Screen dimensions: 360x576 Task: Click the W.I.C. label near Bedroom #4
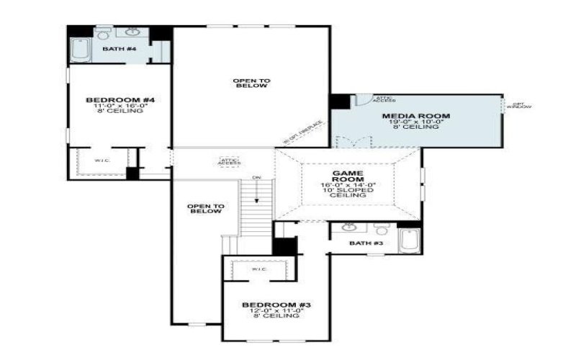pos(102,161)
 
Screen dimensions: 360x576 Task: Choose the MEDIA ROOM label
pos(415,116)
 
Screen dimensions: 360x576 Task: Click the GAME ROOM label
pos(348,178)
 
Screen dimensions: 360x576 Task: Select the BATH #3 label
pos(366,243)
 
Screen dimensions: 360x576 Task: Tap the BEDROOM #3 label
pos(276,305)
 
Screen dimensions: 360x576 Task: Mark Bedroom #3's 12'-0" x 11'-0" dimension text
pos(276,310)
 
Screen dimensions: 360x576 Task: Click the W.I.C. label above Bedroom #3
pos(259,269)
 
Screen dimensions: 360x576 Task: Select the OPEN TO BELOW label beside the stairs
pos(205,209)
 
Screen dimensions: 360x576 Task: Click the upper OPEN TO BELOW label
pos(251,83)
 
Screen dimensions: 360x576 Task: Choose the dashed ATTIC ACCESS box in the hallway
pos(230,162)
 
